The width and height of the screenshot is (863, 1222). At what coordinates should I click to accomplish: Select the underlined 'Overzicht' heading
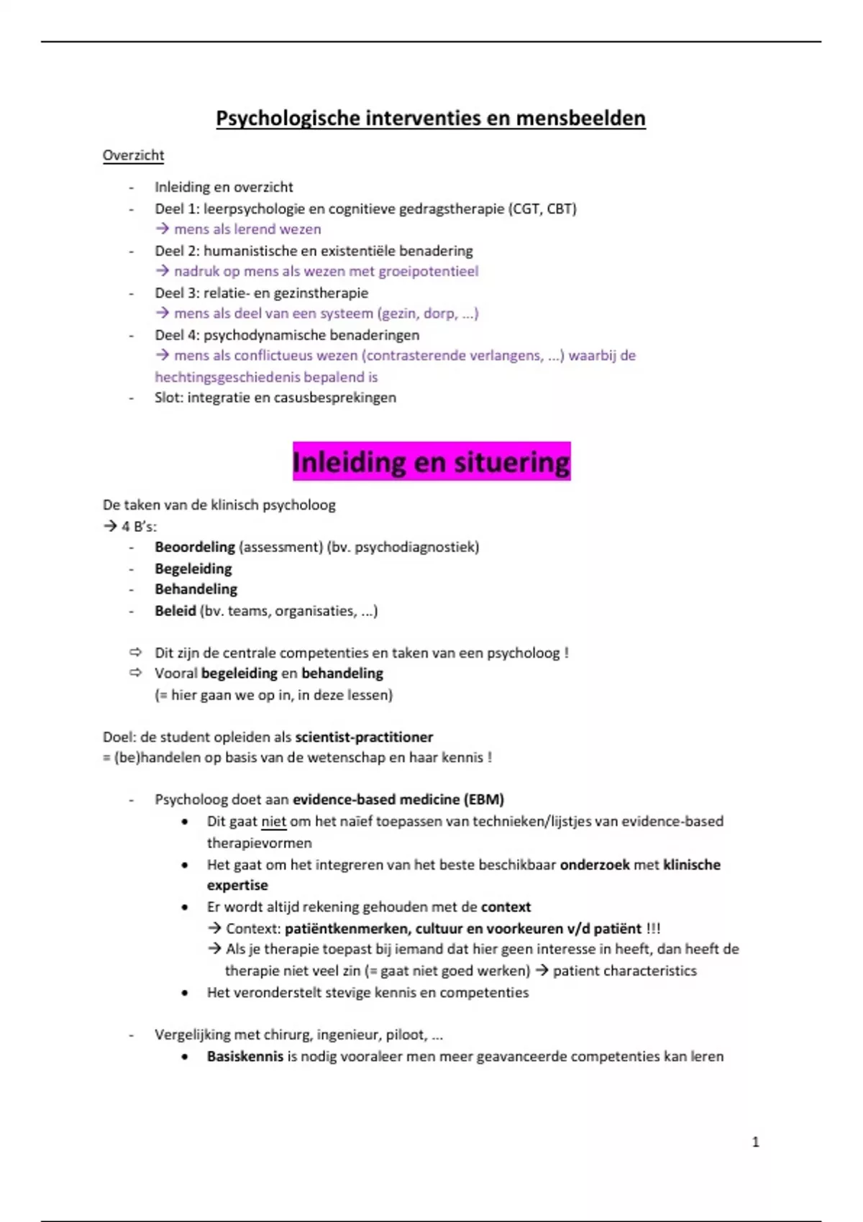(x=133, y=155)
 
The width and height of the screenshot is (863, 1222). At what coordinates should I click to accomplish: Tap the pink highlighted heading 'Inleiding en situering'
(x=431, y=461)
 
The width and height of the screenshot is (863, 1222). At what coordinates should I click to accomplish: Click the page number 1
(x=755, y=1141)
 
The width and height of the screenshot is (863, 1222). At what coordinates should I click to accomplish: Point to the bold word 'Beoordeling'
(x=195, y=547)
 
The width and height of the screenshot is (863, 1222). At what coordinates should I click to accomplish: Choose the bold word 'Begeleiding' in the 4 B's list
(x=193, y=569)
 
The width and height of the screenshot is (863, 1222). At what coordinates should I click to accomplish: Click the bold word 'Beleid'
(x=175, y=611)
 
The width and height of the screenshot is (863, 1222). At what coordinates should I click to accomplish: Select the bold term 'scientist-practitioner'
(x=364, y=737)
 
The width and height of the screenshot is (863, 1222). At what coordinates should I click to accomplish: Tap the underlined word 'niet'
(x=273, y=821)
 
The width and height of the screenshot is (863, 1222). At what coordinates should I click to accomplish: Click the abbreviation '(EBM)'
(x=484, y=799)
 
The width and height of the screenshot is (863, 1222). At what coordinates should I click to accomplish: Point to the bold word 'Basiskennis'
(x=245, y=1056)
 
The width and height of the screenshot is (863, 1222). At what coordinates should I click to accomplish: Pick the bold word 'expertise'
(x=237, y=885)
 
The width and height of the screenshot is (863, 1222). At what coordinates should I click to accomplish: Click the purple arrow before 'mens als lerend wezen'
(x=163, y=229)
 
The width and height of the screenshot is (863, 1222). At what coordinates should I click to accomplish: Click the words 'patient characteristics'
(x=624, y=970)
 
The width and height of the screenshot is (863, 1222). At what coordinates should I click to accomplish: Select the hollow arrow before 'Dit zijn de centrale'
(x=135, y=653)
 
